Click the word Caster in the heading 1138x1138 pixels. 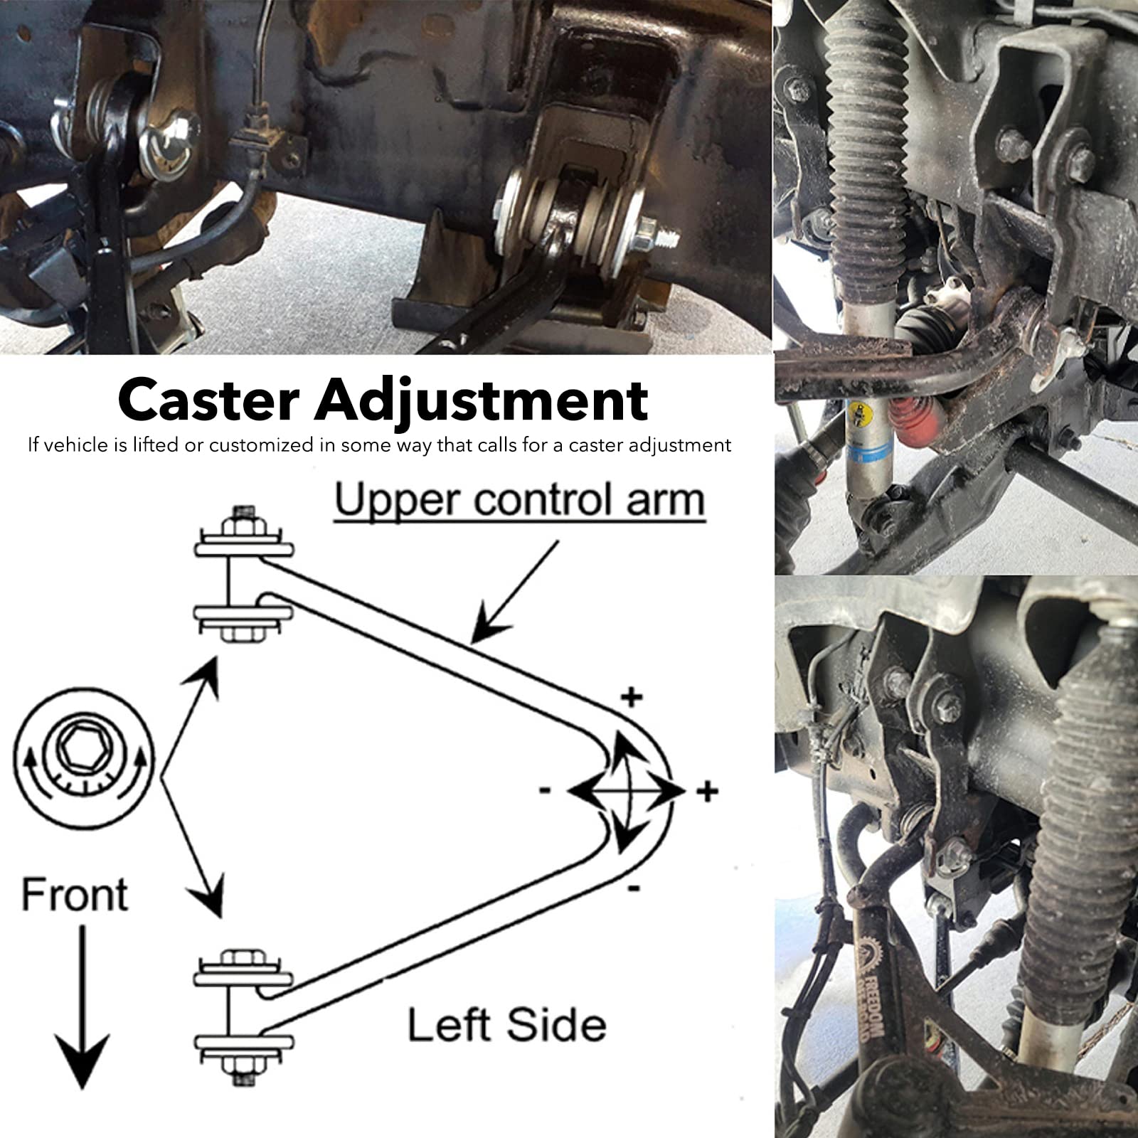[x=208, y=400]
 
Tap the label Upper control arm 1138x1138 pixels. [x=519, y=501]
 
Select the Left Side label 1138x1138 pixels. [x=506, y=1026]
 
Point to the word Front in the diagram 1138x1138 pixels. [x=75, y=895]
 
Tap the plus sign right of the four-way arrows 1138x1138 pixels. [x=707, y=791]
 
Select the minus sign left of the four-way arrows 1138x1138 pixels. [x=545, y=789]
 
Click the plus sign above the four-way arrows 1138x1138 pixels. [x=632, y=697]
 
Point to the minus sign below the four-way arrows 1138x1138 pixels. [x=634, y=888]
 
